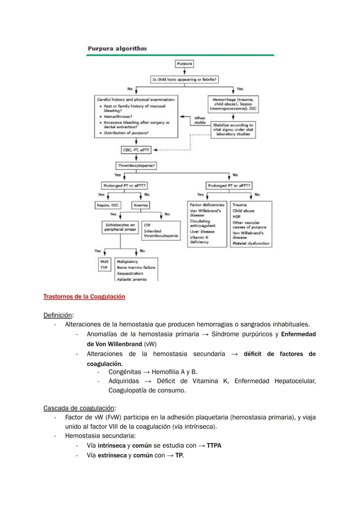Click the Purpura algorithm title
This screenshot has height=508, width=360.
click(x=117, y=49)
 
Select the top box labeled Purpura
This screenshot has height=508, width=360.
click(x=184, y=64)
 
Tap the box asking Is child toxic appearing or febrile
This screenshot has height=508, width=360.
click(x=184, y=80)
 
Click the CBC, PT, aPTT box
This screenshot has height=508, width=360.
click(x=136, y=150)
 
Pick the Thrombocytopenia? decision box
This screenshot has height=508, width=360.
click(x=136, y=166)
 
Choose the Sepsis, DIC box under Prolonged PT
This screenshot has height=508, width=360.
click(x=108, y=205)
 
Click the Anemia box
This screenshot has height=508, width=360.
click(x=141, y=205)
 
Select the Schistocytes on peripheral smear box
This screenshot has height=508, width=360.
click(x=120, y=227)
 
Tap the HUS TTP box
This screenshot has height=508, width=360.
click(x=104, y=264)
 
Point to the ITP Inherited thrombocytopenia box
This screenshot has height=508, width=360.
click(x=161, y=231)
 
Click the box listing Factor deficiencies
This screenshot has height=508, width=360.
click(x=207, y=224)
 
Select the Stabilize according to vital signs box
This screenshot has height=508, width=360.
click(x=233, y=130)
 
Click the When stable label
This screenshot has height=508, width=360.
click(x=200, y=120)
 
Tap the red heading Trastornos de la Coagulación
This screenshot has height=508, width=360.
click(x=84, y=297)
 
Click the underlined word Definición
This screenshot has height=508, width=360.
click(x=58, y=315)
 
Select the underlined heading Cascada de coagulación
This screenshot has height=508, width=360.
click(x=79, y=408)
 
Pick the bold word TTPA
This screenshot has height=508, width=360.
click(x=214, y=446)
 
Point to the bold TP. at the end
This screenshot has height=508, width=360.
click(x=179, y=455)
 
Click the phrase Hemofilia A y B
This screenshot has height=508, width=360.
click(x=174, y=372)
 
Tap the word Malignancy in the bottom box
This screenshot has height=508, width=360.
click(x=127, y=262)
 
